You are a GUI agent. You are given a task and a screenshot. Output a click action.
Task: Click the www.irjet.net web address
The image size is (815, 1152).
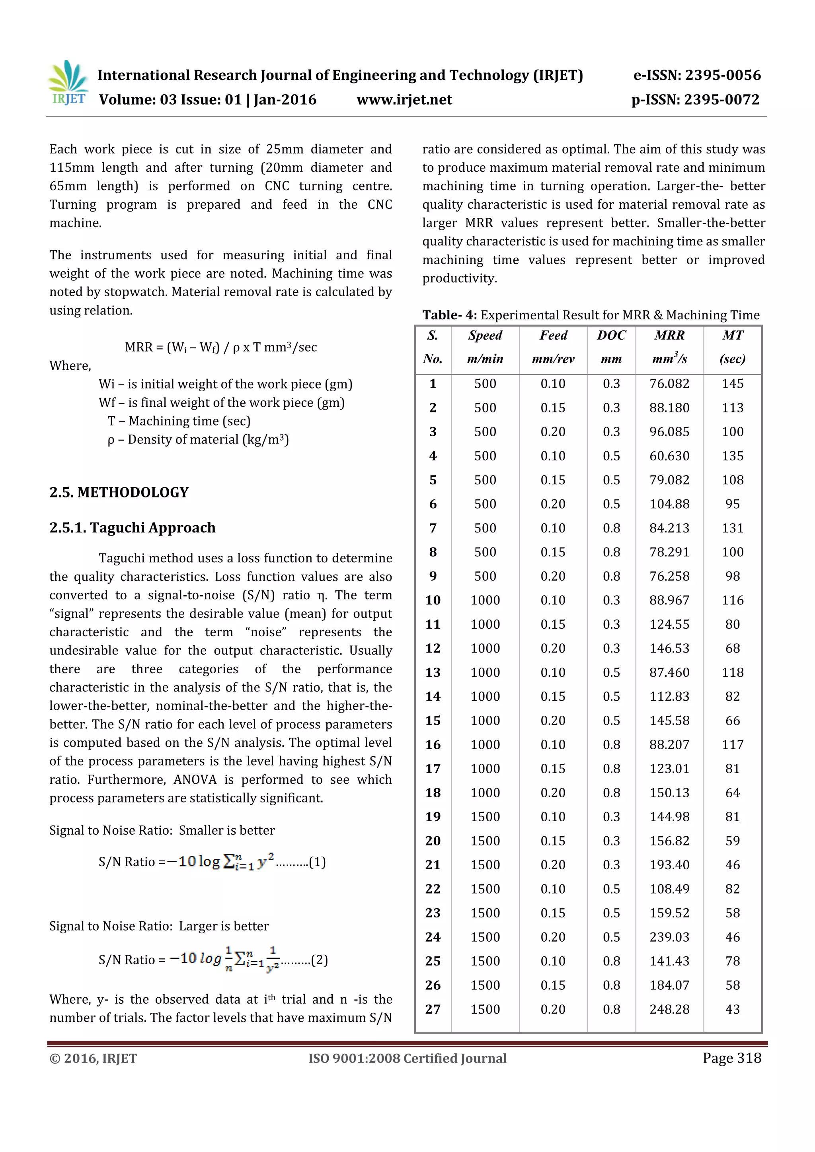(404, 100)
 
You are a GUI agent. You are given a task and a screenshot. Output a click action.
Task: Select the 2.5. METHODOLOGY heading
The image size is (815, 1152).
(119, 492)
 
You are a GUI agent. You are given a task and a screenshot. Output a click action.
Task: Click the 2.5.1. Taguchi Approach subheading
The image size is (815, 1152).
(133, 528)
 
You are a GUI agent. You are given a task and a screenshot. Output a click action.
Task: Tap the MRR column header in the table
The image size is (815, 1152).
(669, 336)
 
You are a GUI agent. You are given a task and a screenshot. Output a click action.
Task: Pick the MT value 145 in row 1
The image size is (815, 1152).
(732, 384)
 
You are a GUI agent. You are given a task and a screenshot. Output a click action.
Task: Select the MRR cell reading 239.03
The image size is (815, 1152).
(669, 937)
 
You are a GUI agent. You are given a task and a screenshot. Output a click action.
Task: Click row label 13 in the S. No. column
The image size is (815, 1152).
(433, 672)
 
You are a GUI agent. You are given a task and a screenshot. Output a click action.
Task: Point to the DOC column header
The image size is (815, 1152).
(611, 336)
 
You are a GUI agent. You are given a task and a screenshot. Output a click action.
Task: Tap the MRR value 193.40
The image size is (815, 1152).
(669, 864)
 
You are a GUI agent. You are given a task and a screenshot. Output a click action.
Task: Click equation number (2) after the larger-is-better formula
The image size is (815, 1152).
(320, 960)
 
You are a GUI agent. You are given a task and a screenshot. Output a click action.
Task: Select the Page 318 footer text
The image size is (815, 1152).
(732, 1058)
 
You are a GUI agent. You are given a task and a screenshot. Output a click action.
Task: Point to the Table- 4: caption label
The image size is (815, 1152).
(449, 315)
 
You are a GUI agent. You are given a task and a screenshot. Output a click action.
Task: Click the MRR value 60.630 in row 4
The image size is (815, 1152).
(669, 456)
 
